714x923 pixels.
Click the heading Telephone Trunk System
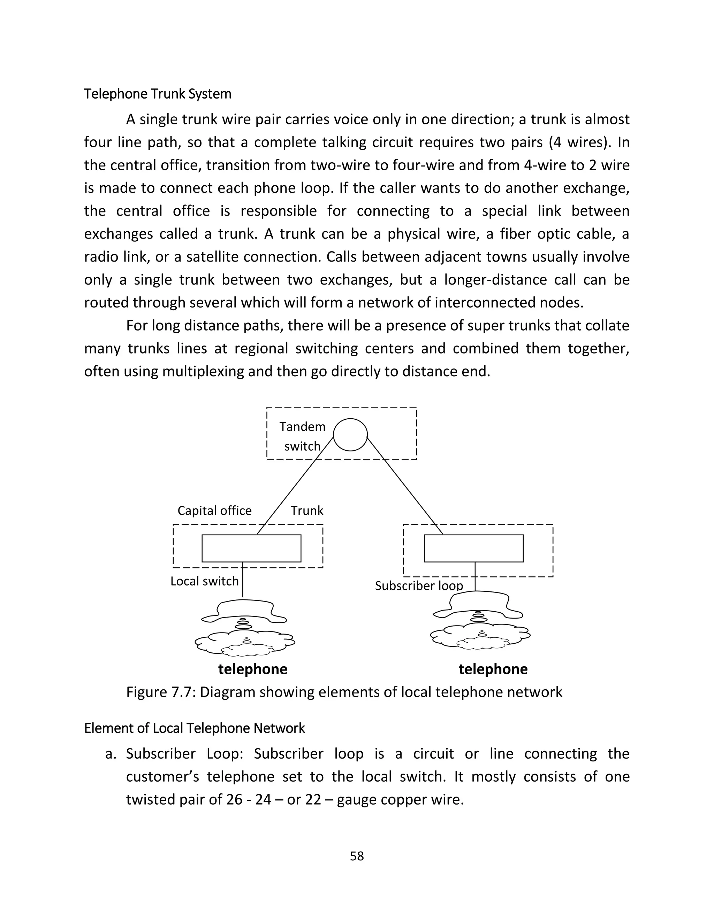(x=157, y=94)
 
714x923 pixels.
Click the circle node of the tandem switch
(x=350, y=435)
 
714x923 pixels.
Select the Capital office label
(x=214, y=511)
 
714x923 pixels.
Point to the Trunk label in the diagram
(x=307, y=511)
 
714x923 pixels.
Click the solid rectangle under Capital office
(x=251, y=549)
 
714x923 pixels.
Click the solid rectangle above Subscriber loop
(x=473, y=549)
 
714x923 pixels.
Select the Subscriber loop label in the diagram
(x=419, y=586)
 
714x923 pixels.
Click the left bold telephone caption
(x=252, y=669)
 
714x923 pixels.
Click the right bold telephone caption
(x=493, y=669)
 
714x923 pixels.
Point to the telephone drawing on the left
(x=245, y=628)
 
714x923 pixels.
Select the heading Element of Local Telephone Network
(x=194, y=729)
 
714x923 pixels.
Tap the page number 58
(x=357, y=856)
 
